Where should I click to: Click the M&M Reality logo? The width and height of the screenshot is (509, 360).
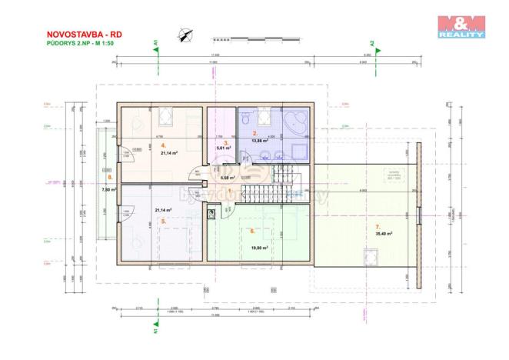[461, 26]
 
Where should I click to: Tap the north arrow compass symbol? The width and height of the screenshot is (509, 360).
[185, 33]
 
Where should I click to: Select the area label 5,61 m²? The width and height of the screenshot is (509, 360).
[224, 148]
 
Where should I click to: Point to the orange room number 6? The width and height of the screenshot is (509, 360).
[251, 229]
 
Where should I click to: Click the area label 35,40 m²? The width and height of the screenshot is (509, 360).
[384, 233]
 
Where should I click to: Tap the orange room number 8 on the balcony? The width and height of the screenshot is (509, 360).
[110, 177]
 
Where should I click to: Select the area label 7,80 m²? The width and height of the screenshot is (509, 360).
[108, 189]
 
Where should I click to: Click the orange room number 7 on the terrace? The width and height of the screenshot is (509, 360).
[377, 226]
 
